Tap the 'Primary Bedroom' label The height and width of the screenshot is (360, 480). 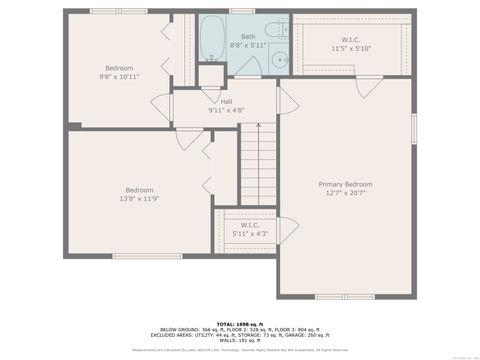point(345,184)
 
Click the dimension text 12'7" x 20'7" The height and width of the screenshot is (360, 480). point(345,193)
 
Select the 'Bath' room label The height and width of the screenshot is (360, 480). point(247,36)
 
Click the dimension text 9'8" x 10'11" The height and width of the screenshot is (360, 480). point(118,77)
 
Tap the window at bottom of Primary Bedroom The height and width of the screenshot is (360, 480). point(344,296)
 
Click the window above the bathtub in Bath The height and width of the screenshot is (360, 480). point(241,11)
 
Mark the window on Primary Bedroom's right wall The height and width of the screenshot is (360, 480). point(413,129)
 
